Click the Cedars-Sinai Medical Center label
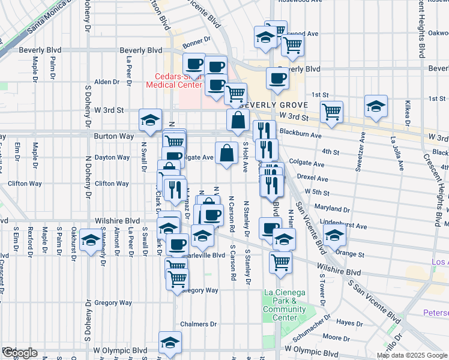pyautogui.click(x=173, y=80)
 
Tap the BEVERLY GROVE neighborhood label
pyautogui.click(x=276, y=103)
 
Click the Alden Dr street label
pyautogui.click(x=107, y=82)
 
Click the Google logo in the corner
pyautogui.click(x=19, y=353)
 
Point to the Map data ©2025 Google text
pyautogui.click(x=412, y=355)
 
